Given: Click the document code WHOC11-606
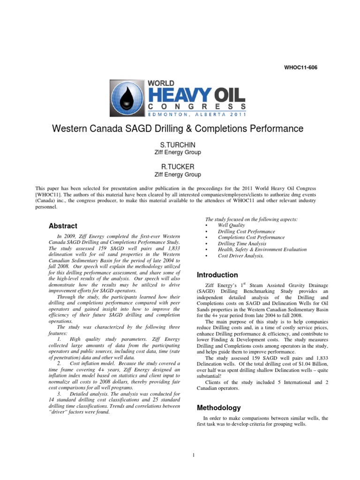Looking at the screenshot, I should [x=300, y=67].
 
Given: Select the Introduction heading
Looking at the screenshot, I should [x=217, y=275].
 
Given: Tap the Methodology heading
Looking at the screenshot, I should [x=219, y=408].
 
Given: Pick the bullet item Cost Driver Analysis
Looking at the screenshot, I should [x=241, y=256].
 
